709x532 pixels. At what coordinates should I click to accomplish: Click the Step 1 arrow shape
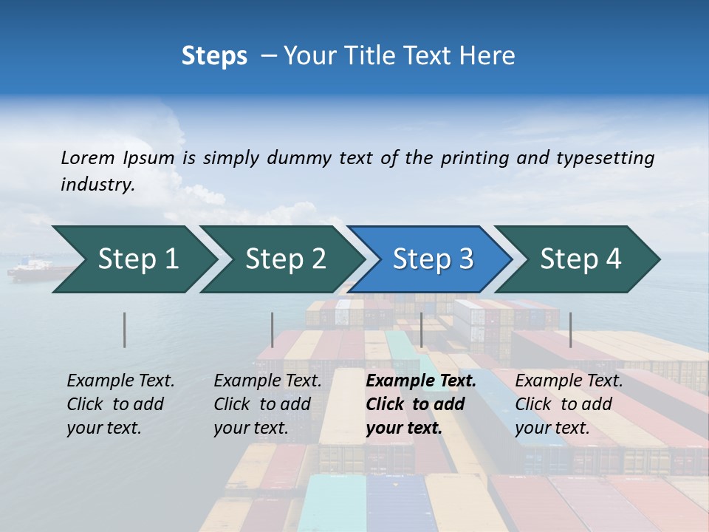133,259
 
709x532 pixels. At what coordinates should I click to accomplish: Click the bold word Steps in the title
214,56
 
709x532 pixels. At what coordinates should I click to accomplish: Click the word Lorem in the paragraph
87,157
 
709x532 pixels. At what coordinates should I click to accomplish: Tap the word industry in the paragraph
97,185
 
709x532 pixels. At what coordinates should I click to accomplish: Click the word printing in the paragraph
472,157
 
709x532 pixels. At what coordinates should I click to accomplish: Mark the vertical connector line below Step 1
125,330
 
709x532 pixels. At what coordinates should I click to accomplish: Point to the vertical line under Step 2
273,330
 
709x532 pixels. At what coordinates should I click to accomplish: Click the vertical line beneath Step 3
421,330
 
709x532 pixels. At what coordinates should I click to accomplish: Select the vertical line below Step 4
570,330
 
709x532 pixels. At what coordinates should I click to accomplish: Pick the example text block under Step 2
267,404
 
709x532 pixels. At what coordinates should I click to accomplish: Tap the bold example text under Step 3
420,404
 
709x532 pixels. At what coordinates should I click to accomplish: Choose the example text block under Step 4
568,404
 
